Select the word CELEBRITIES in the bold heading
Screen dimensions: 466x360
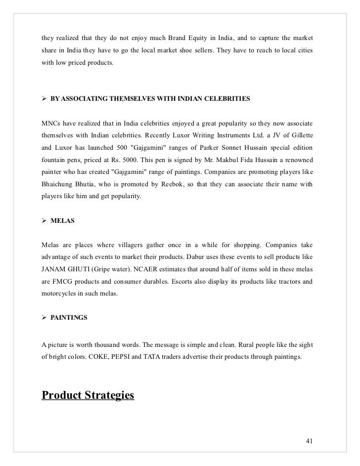pos(226,99)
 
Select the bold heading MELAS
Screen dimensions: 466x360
pos(63,221)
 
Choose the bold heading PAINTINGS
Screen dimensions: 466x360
pos(69,319)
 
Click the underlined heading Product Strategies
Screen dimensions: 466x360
pos(88,395)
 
